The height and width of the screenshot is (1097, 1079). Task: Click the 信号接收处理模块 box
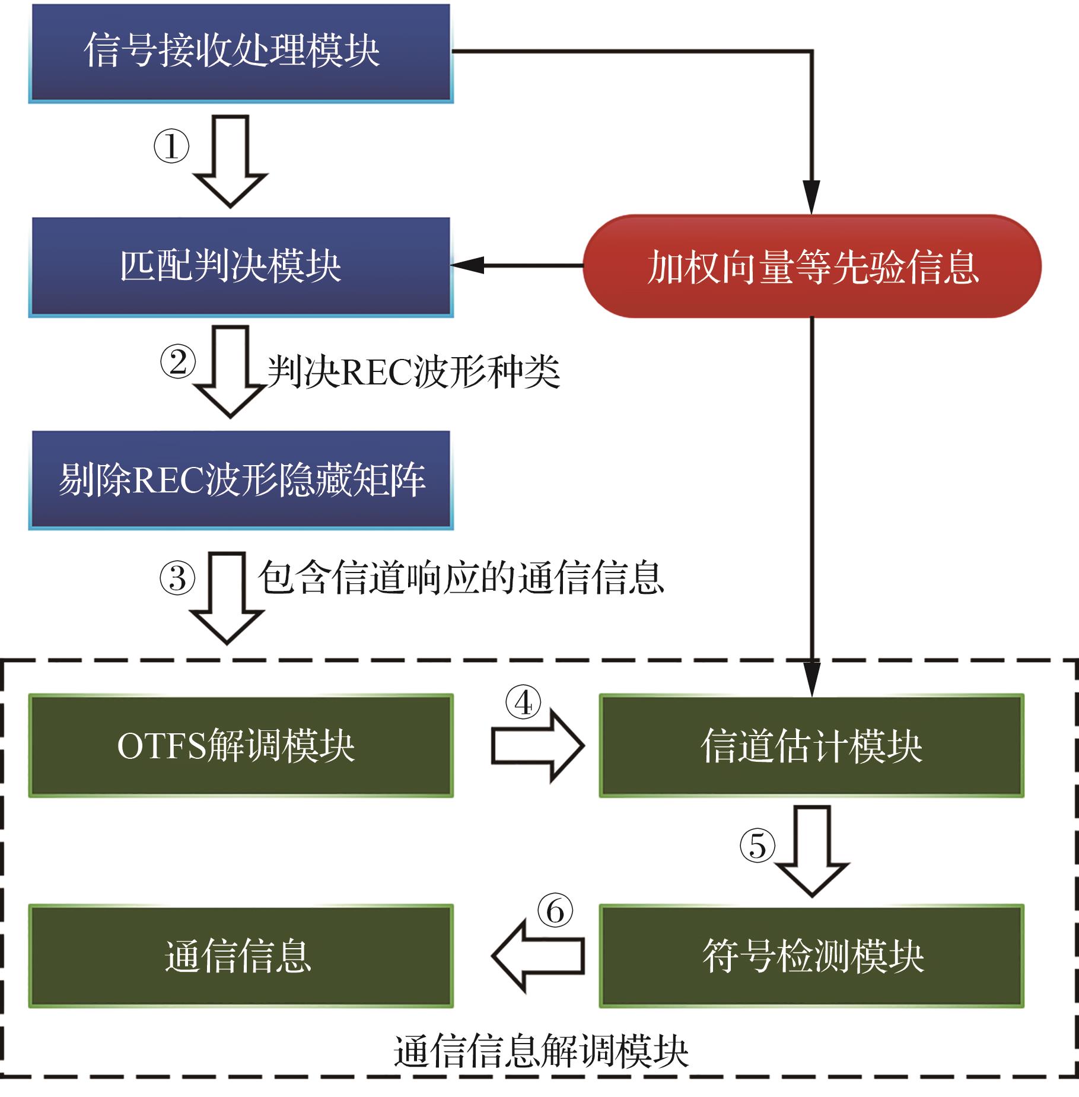pos(240,52)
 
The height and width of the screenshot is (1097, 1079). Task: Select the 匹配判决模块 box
pos(240,266)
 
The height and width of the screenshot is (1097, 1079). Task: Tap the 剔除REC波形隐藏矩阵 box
pos(240,479)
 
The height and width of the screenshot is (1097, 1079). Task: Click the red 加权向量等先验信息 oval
pos(812,266)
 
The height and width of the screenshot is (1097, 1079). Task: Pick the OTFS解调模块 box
pos(240,745)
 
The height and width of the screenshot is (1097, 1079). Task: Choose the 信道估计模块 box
pos(811,745)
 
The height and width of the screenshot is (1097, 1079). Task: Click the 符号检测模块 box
pos(811,956)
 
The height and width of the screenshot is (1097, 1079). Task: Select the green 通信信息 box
pos(240,956)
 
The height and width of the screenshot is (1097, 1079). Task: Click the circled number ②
pos(177,362)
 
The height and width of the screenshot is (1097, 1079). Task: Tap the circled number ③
pos(177,578)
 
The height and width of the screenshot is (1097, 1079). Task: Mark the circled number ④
pos(523,703)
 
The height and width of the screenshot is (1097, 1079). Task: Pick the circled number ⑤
pos(757,846)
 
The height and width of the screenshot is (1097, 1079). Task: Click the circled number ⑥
pos(555,911)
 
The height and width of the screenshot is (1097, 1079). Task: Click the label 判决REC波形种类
pos(413,372)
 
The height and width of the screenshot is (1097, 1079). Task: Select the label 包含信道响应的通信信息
pos(461,578)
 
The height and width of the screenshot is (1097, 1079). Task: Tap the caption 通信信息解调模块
pos(540,1052)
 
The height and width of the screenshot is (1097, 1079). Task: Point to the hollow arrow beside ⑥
pos(537,956)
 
